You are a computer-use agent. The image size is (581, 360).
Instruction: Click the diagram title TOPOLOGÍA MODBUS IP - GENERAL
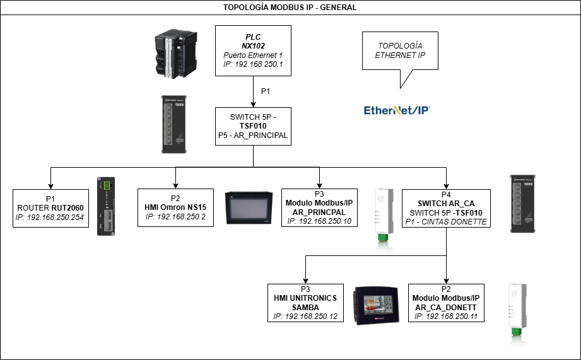pyautogui.click(x=290, y=8)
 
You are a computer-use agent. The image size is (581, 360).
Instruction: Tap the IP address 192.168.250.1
pyautogui.click(x=253, y=64)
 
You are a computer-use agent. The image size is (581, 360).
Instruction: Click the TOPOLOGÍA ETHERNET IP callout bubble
pyautogui.click(x=400, y=51)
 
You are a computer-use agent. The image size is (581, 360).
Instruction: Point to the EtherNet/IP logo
pyautogui.click(x=397, y=110)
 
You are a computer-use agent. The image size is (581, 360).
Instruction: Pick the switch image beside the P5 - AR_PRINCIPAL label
pyautogui.click(x=176, y=122)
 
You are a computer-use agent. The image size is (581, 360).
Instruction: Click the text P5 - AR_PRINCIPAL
pyautogui.click(x=252, y=136)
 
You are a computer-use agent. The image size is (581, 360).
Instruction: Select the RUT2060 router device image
pyautogui.click(x=105, y=206)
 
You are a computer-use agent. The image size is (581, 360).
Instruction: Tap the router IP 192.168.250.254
pyautogui.click(x=50, y=218)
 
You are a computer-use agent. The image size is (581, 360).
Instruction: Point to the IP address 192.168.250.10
pyautogui.click(x=319, y=221)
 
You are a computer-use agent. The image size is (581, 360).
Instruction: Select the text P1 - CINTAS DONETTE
pyautogui.click(x=447, y=222)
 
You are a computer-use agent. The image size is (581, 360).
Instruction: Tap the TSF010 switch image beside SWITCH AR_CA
pyautogui.click(x=525, y=201)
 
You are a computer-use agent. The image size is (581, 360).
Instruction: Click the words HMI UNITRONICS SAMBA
pyautogui.click(x=305, y=302)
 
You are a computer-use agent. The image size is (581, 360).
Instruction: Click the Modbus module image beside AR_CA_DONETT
pyautogui.click(x=518, y=314)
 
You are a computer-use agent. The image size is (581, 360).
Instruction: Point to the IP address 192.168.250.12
pyautogui.click(x=305, y=316)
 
